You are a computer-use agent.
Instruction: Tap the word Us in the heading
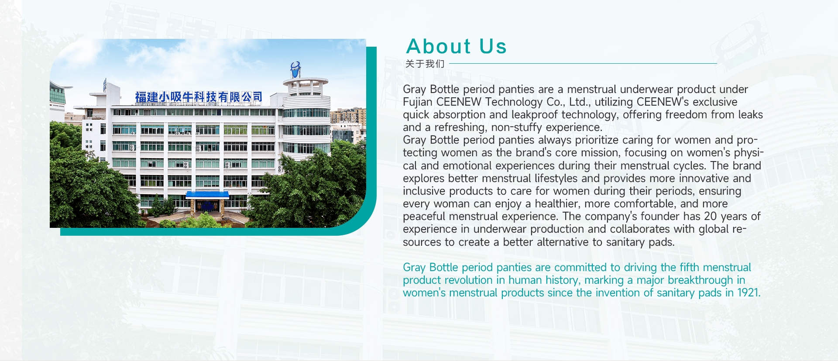pyautogui.click(x=493, y=46)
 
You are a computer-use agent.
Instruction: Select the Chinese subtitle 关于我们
pyautogui.click(x=425, y=64)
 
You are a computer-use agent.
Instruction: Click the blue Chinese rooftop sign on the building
pyautogui.click(x=199, y=97)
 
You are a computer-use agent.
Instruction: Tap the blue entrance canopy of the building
pyautogui.click(x=207, y=195)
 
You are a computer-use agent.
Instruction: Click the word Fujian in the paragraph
pyautogui.click(x=418, y=102)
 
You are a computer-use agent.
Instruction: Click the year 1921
pyautogui.click(x=748, y=293)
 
